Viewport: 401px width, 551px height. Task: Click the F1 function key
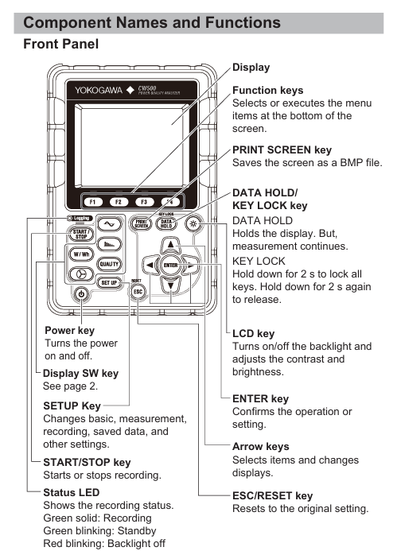point(92,202)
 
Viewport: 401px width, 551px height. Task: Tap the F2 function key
point(119,202)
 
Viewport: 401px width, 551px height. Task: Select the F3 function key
point(144,202)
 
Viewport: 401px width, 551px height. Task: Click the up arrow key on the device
point(170,245)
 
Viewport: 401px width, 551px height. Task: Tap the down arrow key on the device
point(170,285)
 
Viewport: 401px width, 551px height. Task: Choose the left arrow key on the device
point(150,265)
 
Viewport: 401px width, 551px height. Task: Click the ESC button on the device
point(138,292)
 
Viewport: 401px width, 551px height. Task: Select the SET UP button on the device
point(109,282)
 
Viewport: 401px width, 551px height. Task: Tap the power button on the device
point(81,293)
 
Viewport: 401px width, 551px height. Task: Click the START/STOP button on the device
point(81,234)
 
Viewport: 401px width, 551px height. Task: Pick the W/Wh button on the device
point(81,254)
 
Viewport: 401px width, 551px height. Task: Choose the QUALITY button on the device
point(109,264)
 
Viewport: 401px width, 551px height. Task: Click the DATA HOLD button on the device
point(166,223)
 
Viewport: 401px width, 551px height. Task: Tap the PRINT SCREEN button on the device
point(141,223)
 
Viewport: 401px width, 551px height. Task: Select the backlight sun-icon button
point(193,223)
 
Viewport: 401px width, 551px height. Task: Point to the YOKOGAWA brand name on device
point(99,91)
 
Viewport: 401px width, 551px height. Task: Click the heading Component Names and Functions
point(152,23)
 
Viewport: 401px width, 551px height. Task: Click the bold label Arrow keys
point(261,447)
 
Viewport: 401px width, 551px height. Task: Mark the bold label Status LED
point(72,492)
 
